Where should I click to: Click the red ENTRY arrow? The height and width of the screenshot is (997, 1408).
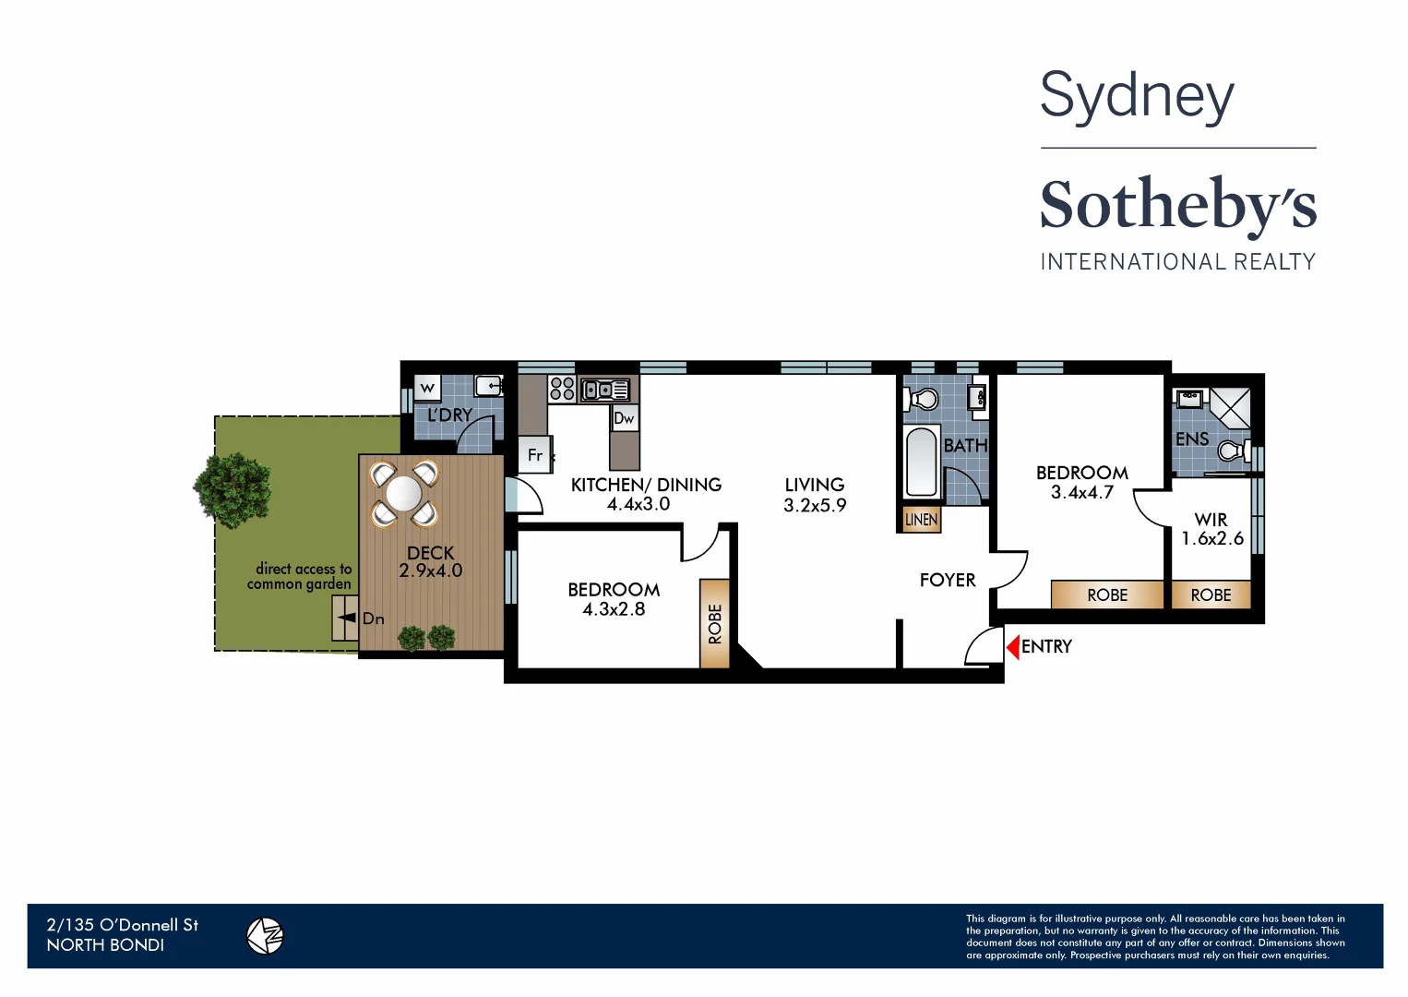click(x=1012, y=647)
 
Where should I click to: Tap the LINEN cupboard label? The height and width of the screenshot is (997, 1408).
click(x=921, y=520)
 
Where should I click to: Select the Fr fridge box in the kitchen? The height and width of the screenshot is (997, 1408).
click(x=534, y=455)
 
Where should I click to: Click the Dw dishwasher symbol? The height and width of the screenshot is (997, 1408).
click(x=625, y=418)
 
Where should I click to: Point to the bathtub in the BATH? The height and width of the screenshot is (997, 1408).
click(x=921, y=462)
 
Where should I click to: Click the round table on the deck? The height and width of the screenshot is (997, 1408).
click(x=403, y=494)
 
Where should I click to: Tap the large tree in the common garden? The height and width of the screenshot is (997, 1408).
click(x=233, y=489)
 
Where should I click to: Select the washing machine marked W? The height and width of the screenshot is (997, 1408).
click(x=427, y=388)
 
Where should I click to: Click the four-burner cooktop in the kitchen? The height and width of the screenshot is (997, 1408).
click(x=562, y=389)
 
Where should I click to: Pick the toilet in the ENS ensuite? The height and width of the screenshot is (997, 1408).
click(x=1232, y=450)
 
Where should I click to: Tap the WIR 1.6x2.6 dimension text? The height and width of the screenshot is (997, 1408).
click(x=1212, y=538)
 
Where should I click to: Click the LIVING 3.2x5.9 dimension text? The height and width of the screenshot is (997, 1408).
click(x=815, y=505)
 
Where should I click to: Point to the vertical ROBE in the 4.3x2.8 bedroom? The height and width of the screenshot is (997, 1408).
click(x=715, y=623)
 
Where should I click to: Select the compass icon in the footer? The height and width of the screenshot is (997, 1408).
click(x=265, y=936)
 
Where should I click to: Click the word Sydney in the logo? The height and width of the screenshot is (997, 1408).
click(x=1137, y=96)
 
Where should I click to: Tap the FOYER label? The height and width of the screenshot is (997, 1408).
click(x=948, y=580)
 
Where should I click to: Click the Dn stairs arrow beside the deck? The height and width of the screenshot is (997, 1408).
click(x=348, y=618)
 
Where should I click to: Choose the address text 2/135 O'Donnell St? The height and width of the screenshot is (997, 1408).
click(x=123, y=925)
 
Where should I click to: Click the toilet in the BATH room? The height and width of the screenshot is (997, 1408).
click(x=923, y=399)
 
